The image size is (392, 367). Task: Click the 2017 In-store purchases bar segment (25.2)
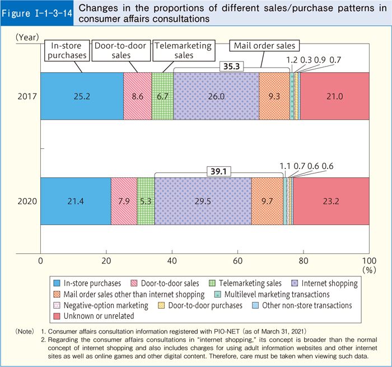[x=82, y=96]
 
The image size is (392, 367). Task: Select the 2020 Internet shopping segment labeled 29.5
[x=203, y=201]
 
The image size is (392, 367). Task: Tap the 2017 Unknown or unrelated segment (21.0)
[x=335, y=96]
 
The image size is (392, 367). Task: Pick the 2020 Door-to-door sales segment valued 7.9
[x=124, y=201]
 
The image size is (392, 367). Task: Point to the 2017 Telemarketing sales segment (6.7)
[x=162, y=96]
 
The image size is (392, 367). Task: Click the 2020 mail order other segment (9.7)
[x=267, y=201]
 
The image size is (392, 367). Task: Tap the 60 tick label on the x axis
[x=238, y=261]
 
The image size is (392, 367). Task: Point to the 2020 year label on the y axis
[x=27, y=201]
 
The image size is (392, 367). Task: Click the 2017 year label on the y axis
[x=27, y=96]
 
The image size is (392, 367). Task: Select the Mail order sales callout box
[x=265, y=45]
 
